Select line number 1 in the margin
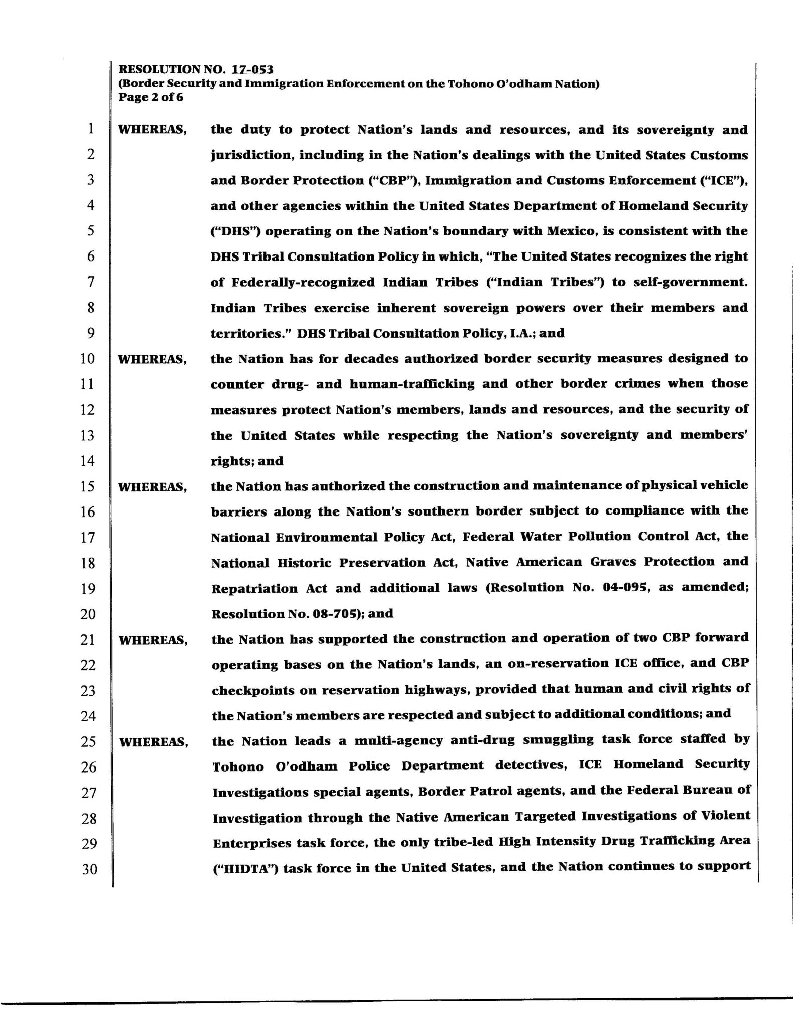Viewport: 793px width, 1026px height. [x=90, y=129]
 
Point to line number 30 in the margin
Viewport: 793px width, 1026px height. [x=89, y=868]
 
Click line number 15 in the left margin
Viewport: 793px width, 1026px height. [x=88, y=486]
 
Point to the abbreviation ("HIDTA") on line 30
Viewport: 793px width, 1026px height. [x=244, y=868]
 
